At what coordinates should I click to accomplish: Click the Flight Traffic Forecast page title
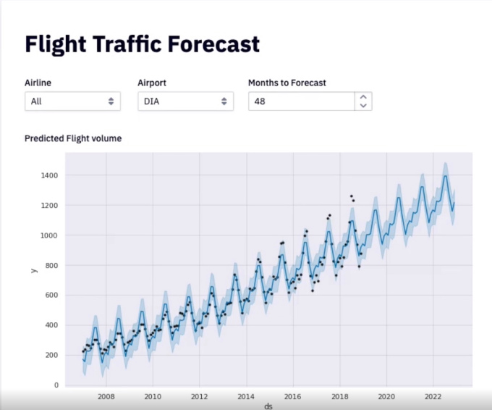coord(142,45)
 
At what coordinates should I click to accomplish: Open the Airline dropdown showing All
coord(72,101)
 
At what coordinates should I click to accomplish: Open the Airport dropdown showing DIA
coord(185,101)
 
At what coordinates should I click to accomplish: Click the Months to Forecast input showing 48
coord(301,101)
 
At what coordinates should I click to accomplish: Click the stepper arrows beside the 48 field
coord(363,101)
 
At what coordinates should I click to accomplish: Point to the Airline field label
coord(38,83)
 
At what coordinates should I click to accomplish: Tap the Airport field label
coord(152,83)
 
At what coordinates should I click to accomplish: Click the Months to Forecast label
coord(287,83)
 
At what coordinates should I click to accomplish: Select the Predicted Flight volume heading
coord(73,138)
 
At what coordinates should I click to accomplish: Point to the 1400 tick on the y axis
coord(49,175)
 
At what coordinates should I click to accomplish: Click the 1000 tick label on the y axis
coord(49,235)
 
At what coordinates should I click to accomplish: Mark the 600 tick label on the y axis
coord(51,296)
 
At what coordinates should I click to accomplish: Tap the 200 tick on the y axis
coord(51,355)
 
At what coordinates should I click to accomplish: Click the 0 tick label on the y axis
coord(56,385)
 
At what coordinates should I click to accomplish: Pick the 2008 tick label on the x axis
coord(106,396)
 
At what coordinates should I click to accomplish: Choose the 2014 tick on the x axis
coord(246,396)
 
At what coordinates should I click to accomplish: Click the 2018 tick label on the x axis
coord(339,396)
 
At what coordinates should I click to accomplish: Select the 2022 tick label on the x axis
coord(433,396)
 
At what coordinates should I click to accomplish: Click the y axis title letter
coord(33,270)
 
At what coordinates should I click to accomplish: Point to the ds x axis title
coord(268,406)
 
